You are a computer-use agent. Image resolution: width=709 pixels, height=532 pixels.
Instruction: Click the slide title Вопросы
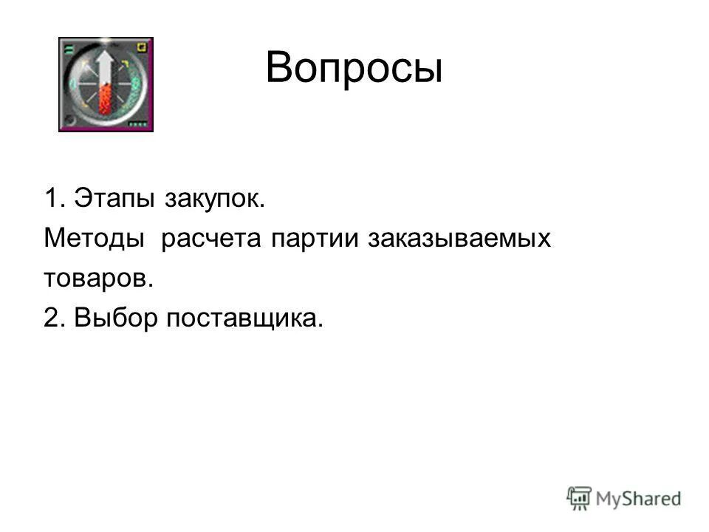click(354, 69)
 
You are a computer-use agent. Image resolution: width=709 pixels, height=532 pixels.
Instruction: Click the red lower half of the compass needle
click(106, 100)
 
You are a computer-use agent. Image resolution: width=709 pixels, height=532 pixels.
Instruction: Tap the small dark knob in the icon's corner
click(68, 121)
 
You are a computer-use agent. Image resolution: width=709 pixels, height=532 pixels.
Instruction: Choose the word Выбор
click(116, 318)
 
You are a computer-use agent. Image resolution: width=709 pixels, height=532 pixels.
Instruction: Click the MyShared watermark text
click(640, 498)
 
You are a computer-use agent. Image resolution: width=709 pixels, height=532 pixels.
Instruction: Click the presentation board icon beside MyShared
click(580, 498)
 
